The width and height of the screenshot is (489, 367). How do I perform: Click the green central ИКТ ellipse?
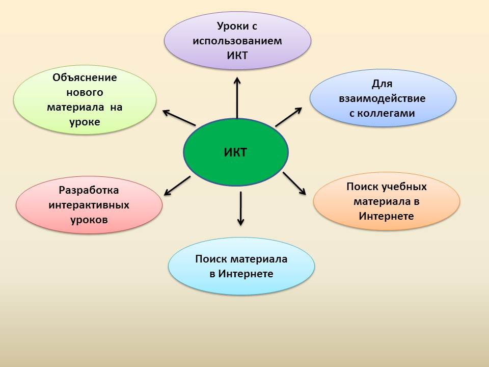pyautogui.click(x=236, y=152)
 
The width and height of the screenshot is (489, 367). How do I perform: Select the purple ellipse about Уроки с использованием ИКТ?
pyautogui.click(x=238, y=41)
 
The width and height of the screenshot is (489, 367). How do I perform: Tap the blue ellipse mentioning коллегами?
pyautogui.click(x=383, y=98)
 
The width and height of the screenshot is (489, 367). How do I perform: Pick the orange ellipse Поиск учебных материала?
pyautogui.click(x=387, y=201)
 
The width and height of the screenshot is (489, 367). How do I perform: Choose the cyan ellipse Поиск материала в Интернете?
pyautogui.click(x=241, y=266)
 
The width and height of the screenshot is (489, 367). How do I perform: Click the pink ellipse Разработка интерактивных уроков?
pyautogui.click(x=89, y=205)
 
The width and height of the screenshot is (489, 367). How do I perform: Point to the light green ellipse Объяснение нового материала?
pyautogui.click(x=85, y=99)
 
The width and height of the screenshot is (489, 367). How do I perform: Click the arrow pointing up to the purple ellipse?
pyautogui.click(x=237, y=98)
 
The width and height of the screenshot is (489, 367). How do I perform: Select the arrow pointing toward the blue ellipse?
pyautogui.click(x=289, y=117)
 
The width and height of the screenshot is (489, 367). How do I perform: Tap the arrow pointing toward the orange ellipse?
pyautogui.click(x=294, y=183)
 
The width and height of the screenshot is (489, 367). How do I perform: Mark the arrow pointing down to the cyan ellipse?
pyautogui.click(x=240, y=208)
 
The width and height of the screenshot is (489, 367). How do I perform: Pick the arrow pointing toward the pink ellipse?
pyautogui.click(x=177, y=186)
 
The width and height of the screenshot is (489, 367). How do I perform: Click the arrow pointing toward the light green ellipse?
pyautogui.click(x=179, y=118)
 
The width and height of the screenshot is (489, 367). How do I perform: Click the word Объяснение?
pyautogui.click(x=85, y=77)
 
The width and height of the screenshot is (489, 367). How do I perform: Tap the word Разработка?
pyautogui.click(x=89, y=190)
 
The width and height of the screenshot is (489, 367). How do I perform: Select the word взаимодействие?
pyautogui.click(x=382, y=98)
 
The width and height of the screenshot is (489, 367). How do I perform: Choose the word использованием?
pyautogui.click(x=237, y=41)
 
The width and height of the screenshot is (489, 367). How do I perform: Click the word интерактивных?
pyautogui.click(x=89, y=205)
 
